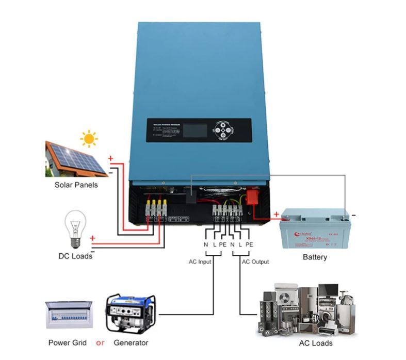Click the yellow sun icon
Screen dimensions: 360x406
point(89,139)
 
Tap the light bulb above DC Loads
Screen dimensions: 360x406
point(76,228)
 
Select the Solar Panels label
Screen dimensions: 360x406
point(76,185)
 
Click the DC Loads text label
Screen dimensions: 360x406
point(75,256)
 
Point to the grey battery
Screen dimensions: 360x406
point(315,229)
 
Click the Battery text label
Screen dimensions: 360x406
point(315,257)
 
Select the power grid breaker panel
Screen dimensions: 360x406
point(68,315)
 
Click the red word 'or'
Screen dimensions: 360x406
point(100,342)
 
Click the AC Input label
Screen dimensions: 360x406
point(200,262)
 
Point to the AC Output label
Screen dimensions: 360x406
point(255,262)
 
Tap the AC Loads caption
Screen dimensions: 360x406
point(316,343)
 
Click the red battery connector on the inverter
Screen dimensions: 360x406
point(254,198)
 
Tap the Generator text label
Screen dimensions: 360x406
point(131,342)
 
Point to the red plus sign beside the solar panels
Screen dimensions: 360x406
point(110,158)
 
